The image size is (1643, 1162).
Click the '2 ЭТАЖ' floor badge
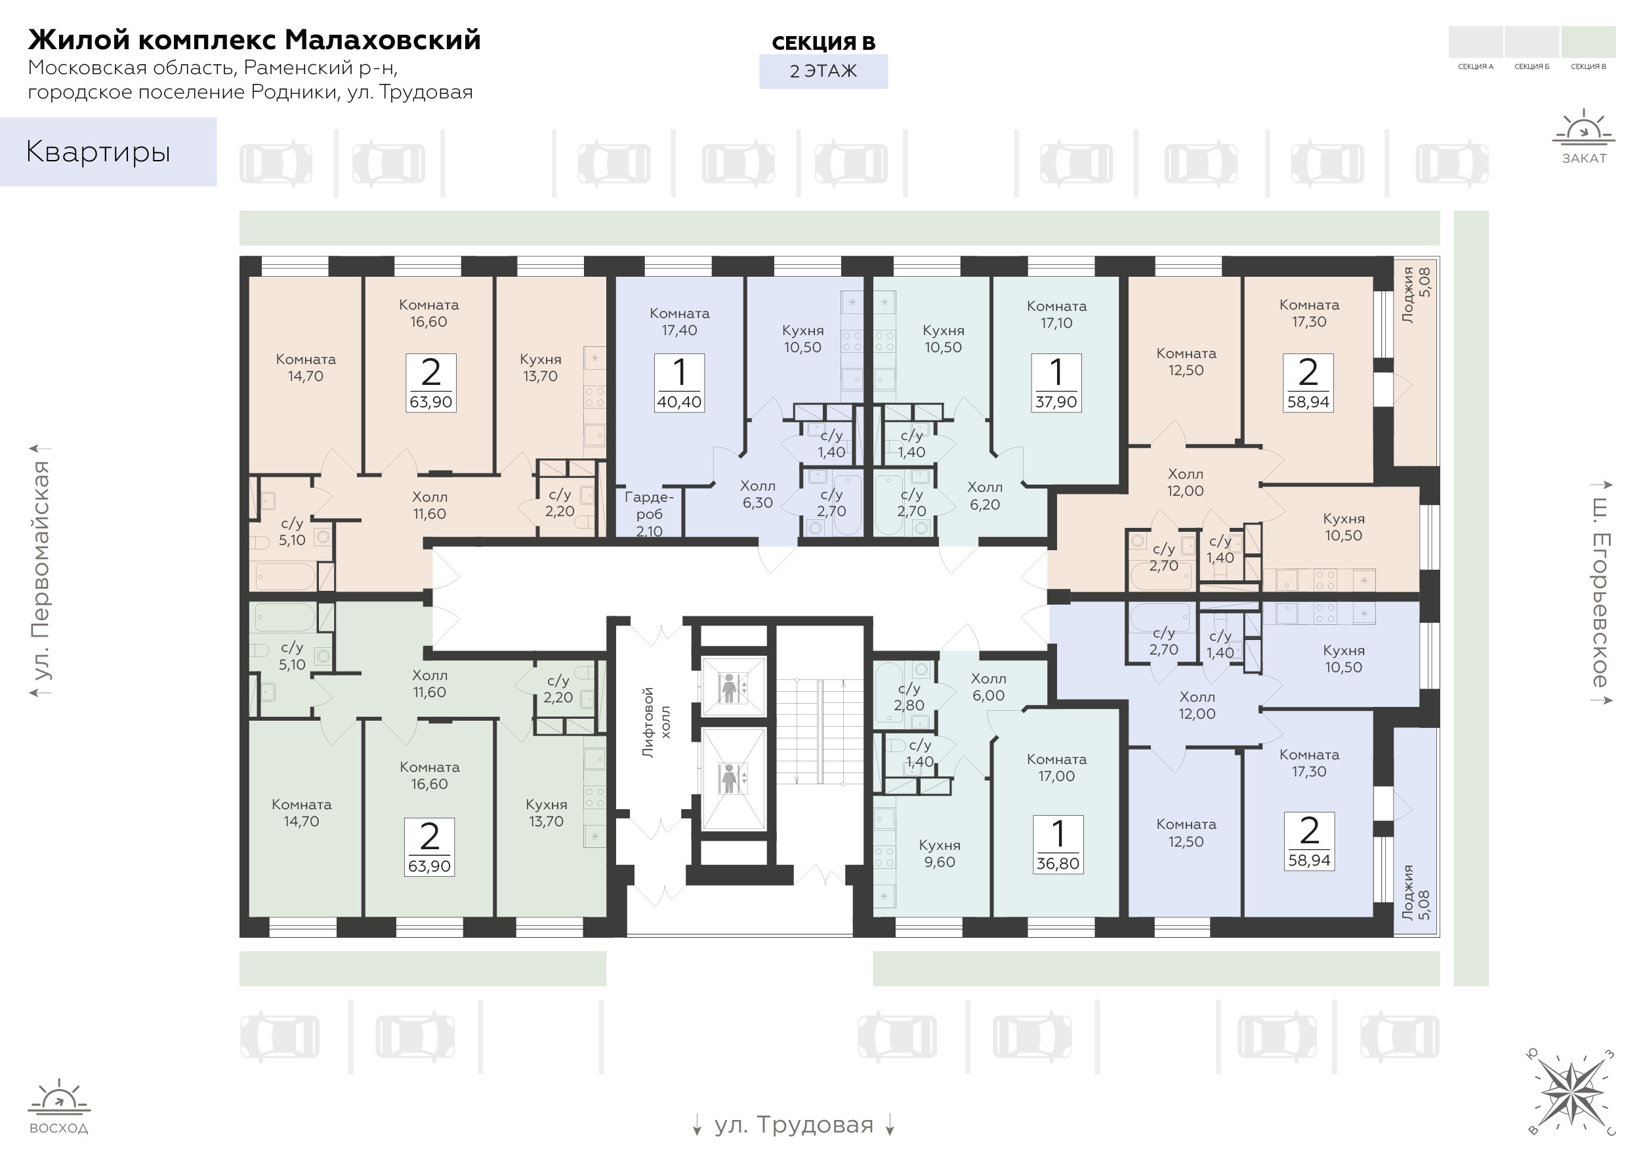coord(823,71)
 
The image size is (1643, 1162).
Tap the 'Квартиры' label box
coord(108,151)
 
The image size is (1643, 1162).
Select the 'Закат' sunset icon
coord(1583,136)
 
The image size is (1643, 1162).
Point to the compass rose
coord(1571,1092)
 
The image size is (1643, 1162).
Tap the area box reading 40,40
coord(679,383)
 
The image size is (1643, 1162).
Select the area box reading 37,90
coord(1056,383)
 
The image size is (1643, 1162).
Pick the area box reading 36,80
coord(1058,845)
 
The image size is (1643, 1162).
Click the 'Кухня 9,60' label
coord(939,854)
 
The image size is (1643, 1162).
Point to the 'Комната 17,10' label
coord(1056,314)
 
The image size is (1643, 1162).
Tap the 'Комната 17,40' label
coord(679,321)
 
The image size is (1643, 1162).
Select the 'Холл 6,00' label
coord(989,687)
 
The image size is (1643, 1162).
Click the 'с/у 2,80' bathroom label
coord(909,696)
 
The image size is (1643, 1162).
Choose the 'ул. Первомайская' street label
coord(41,570)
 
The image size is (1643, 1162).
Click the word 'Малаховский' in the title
coord(383,40)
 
